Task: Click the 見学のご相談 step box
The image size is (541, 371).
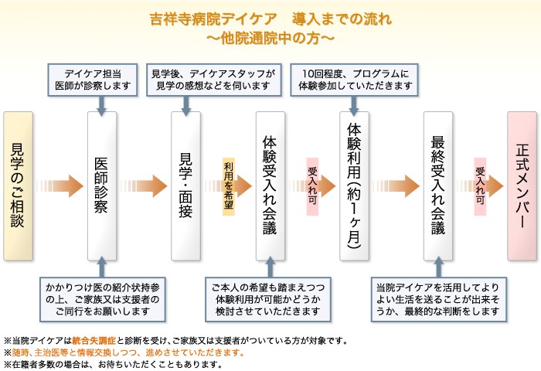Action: (19, 186)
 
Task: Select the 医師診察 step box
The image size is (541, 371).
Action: (102, 186)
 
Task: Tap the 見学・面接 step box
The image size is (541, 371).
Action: (186, 186)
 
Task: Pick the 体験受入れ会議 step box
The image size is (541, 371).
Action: (270, 186)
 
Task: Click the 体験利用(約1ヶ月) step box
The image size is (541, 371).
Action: (354, 186)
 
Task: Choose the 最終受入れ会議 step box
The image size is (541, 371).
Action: (438, 186)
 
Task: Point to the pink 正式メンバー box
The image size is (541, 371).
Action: (522, 186)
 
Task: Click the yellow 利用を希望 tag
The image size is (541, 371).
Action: (229, 186)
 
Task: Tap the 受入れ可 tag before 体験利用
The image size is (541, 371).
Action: (312, 186)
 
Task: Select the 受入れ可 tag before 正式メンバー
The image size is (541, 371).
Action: (480, 186)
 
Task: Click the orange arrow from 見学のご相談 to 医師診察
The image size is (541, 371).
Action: (60, 186)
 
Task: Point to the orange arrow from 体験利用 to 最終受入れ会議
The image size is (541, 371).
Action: (396, 186)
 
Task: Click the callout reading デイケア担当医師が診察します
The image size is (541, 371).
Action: (93, 80)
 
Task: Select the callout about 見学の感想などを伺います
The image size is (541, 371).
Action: (214, 80)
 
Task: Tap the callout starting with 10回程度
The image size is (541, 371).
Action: (354, 80)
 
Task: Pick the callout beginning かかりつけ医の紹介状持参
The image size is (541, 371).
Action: (103, 300)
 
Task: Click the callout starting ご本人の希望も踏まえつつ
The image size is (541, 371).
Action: (268, 300)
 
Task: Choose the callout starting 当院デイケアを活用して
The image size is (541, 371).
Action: (439, 300)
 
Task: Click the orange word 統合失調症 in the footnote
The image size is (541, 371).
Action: (94, 341)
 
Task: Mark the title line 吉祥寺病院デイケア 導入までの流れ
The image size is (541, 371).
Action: (270, 19)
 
